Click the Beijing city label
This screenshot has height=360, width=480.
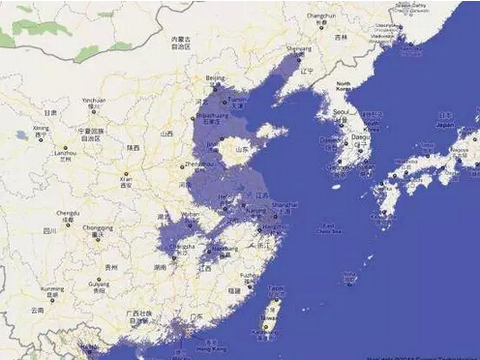[214, 76]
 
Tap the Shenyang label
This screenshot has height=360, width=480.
[298, 48]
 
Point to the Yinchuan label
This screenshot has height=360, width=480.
[93, 100]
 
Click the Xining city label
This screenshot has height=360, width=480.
[41, 128]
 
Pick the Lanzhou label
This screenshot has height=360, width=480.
[65, 151]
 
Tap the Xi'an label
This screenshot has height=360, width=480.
[125, 177]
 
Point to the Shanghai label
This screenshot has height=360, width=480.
[285, 205]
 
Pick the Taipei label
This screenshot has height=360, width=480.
[276, 287]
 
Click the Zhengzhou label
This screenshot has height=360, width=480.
[197, 165]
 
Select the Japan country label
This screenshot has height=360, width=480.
[445, 126]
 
